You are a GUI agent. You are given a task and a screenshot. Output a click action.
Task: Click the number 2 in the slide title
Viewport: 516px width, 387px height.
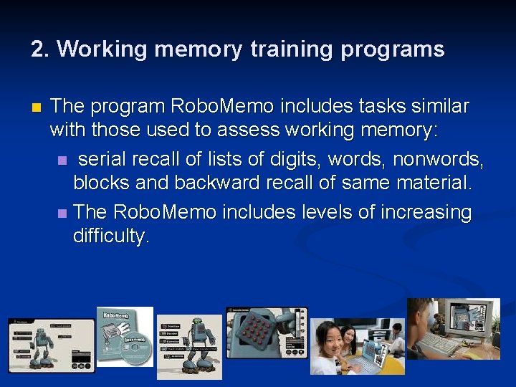click(x=38, y=49)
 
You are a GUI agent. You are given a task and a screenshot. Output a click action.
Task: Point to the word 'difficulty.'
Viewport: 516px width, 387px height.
click(x=112, y=236)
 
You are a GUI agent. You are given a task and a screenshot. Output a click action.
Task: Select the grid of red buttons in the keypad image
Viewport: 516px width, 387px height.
click(x=254, y=333)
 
